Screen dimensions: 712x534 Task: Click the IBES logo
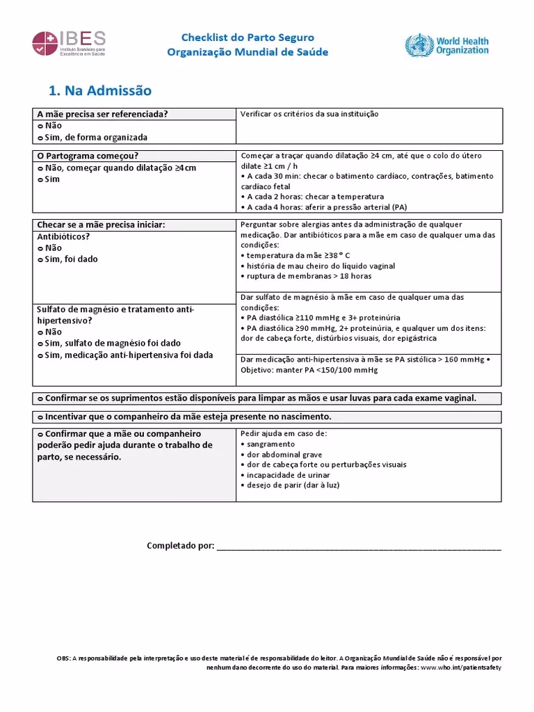(69, 44)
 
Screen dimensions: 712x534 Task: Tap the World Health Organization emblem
(447, 46)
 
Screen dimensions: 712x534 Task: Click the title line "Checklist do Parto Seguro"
(248, 38)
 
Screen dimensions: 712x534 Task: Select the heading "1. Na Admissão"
(100, 90)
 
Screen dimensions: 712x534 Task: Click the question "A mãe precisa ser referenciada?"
(102, 114)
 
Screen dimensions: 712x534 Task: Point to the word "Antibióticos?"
(63, 236)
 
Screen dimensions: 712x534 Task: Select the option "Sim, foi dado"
(71, 259)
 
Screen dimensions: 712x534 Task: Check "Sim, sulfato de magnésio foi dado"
(113, 343)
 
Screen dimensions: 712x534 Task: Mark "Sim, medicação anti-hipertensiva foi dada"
(129, 355)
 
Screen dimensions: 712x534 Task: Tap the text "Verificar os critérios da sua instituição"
(309, 114)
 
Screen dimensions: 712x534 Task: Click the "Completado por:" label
(181, 546)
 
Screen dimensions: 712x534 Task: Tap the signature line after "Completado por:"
(359, 548)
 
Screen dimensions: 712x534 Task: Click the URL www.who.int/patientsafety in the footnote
(461, 667)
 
